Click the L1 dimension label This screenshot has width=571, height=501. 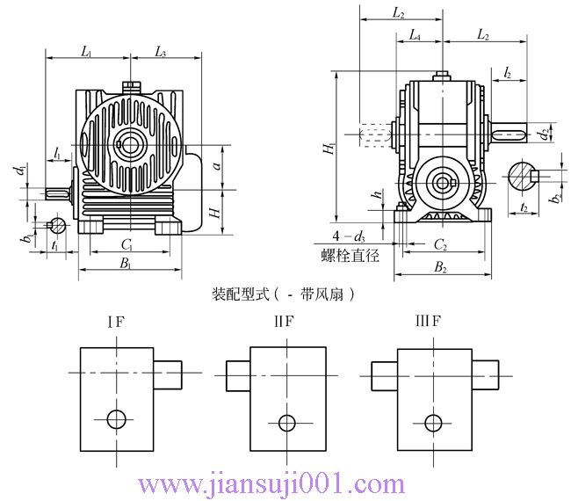click(x=86, y=52)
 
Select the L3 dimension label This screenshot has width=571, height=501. click(x=161, y=52)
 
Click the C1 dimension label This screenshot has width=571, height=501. click(x=126, y=243)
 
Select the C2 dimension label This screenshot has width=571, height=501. click(x=440, y=243)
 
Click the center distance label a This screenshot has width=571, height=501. click(x=216, y=165)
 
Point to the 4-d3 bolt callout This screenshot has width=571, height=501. click(x=348, y=237)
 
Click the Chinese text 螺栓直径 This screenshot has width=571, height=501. click(x=350, y=257)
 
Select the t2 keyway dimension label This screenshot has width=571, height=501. click(x=524, y=207)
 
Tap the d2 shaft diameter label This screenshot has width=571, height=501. click(x=545, y=134)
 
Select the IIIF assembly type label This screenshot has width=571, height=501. click(x=428, y=321)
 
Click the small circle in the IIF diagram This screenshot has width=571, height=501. click(x=286, y=423)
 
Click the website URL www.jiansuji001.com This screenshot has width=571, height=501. click(x=272, y=483)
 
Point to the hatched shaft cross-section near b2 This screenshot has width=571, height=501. click(x=524, y=176)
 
